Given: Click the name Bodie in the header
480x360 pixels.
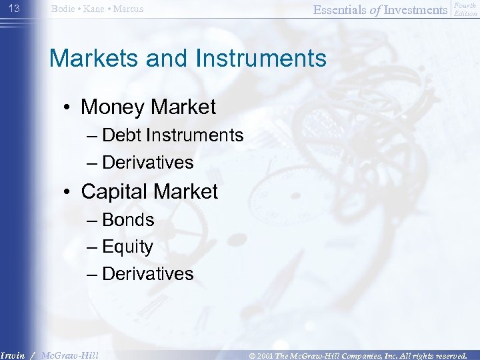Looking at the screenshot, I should click(x=63, y=9).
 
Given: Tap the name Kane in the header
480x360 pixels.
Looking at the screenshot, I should click(x=95, y=9).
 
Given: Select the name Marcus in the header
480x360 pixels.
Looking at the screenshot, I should click(x=129, y=9).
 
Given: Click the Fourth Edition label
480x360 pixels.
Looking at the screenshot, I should click(x=465, y=9).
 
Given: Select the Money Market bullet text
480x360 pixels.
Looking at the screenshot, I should click(x=148, y=107).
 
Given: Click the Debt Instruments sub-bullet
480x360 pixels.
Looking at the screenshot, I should click(x=173, y=135).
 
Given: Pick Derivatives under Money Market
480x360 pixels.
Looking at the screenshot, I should click(x=148, y=162).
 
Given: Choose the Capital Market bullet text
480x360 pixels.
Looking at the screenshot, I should click(x=149, y=192).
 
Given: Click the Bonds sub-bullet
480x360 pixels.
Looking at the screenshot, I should click(x=128, y=220).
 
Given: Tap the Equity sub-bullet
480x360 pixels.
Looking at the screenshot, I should click(x=128, y=247).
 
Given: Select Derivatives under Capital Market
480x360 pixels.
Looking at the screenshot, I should click(x=148, y=273).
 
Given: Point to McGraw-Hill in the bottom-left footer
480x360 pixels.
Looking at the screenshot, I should click(x=69, y=355).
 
